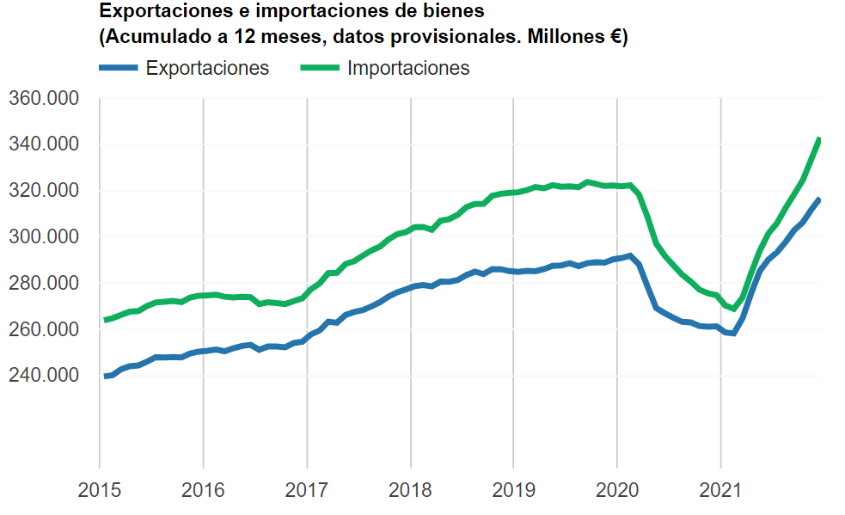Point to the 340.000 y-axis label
43,144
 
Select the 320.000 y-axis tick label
43,191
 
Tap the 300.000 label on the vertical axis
43,237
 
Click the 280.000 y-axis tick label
43,284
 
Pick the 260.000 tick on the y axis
43,330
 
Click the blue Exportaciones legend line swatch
119,68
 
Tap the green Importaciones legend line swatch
320,68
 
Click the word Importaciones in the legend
408,68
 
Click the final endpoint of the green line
820,139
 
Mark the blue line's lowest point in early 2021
733,334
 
